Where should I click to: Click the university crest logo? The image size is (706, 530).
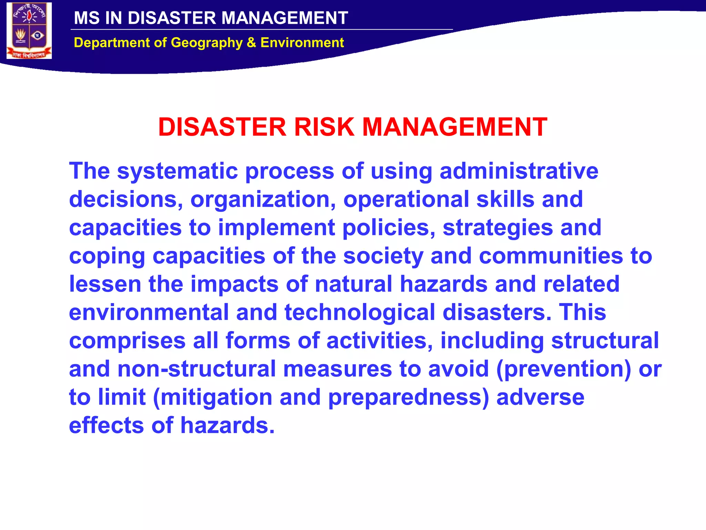tap(29, 31)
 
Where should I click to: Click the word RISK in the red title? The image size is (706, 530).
tap(324, 127)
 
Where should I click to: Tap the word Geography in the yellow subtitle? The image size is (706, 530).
tap(206, 43)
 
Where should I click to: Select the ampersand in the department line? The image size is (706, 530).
tap(251, 43)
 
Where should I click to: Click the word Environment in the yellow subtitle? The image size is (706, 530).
tap(302, 43)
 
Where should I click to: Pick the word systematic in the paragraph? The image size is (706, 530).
tap(178, 171)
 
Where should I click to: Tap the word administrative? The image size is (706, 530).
tap(519, 171)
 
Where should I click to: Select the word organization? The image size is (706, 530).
tap(263, 199)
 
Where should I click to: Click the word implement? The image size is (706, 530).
tap(276, 228)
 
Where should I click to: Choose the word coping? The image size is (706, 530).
tap(107, 256)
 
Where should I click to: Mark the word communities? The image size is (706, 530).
tap(551, 256)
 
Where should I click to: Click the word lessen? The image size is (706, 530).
tap(105, 284)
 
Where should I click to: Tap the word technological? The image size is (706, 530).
tap(360, 313)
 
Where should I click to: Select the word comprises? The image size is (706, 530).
tap(127, 341)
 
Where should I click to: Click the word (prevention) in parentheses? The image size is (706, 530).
tap(564, 369)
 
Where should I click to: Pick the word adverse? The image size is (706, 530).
tap(540, 397)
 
